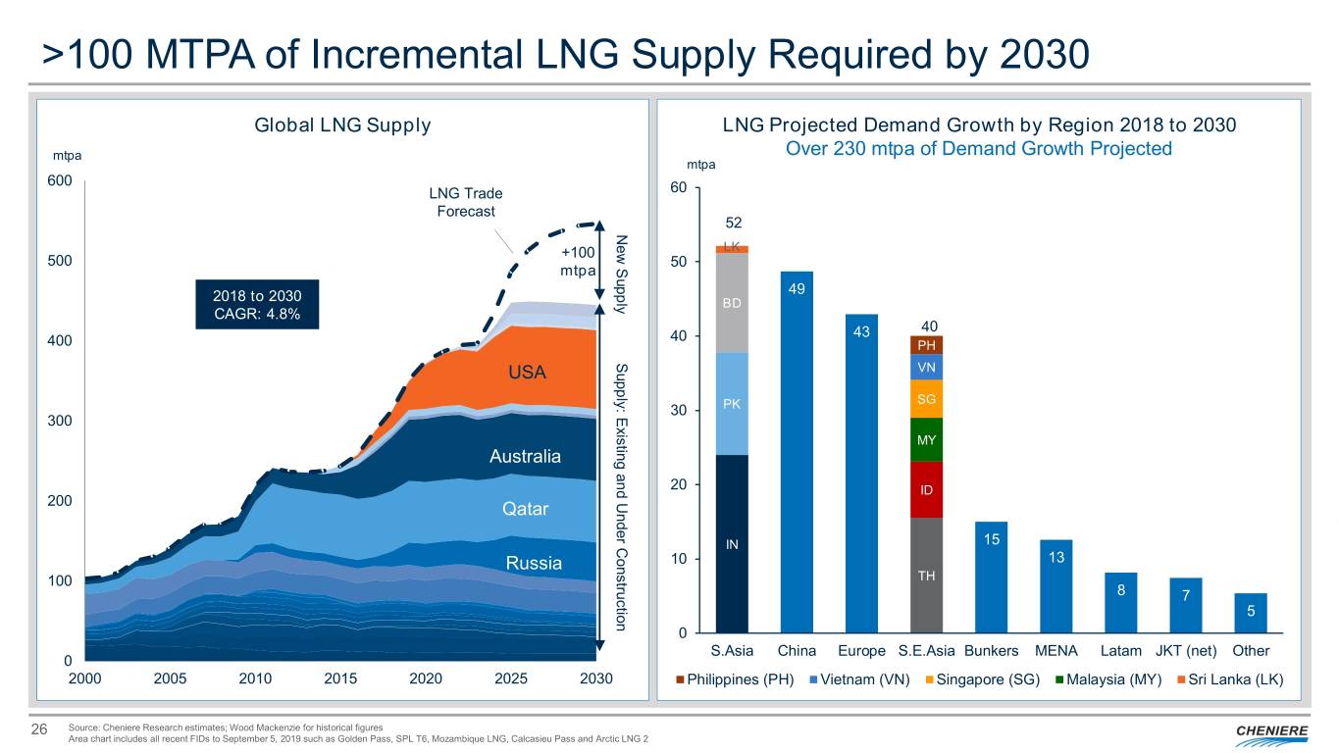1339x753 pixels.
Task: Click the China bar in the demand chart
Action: coord(797,451)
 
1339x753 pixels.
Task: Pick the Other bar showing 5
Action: coord(1251,613)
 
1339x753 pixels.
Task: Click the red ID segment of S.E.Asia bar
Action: coord(926,489)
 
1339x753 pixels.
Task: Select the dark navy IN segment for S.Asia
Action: coord(732,543)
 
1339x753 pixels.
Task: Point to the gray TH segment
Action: coord(926,575)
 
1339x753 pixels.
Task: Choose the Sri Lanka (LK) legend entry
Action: coord(1229,680)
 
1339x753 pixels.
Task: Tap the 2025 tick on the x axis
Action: coord(511,679)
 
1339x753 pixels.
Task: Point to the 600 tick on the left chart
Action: coord(59,181)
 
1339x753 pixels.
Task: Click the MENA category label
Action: coord(1056,651)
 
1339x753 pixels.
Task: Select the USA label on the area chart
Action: coord(527,373)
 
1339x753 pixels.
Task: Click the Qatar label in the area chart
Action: coord(525,509)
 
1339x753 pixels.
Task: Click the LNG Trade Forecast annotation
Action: coord(465,202)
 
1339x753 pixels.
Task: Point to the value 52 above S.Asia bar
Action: coord(732,223)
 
